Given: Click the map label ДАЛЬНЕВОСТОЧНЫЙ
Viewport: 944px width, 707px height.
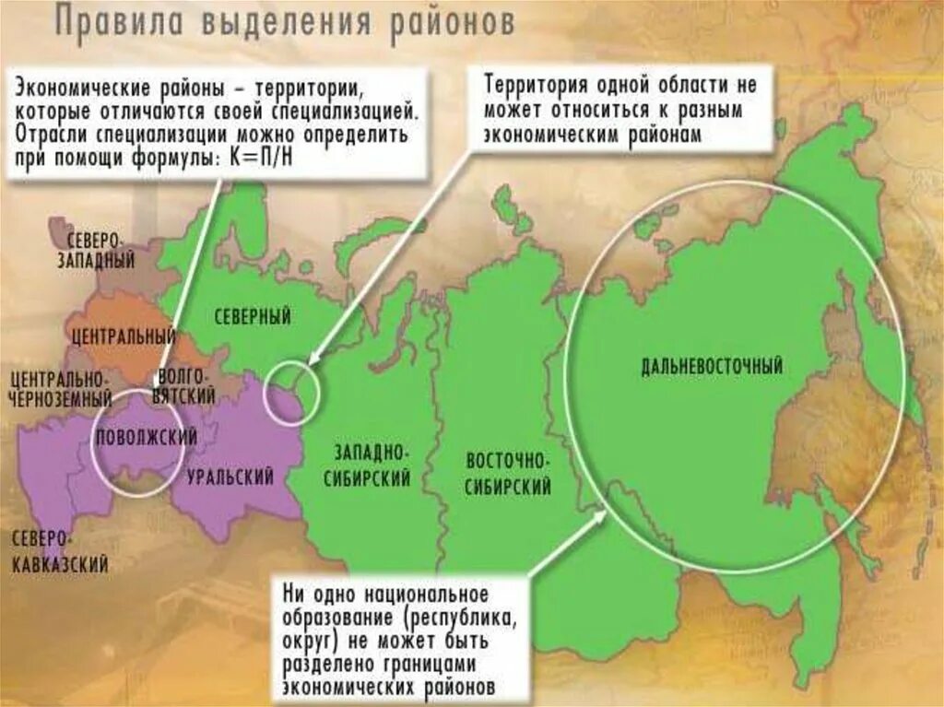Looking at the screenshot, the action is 711,367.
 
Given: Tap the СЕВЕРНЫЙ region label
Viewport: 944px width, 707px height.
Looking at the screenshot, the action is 253,318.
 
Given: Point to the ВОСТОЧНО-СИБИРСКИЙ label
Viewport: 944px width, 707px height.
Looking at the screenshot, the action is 508,474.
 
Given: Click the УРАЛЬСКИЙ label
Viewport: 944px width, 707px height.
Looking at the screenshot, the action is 230,477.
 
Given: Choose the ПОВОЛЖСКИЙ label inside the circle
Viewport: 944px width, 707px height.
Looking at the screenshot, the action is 147,438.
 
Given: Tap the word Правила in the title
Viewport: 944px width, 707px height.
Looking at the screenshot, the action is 116,22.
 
